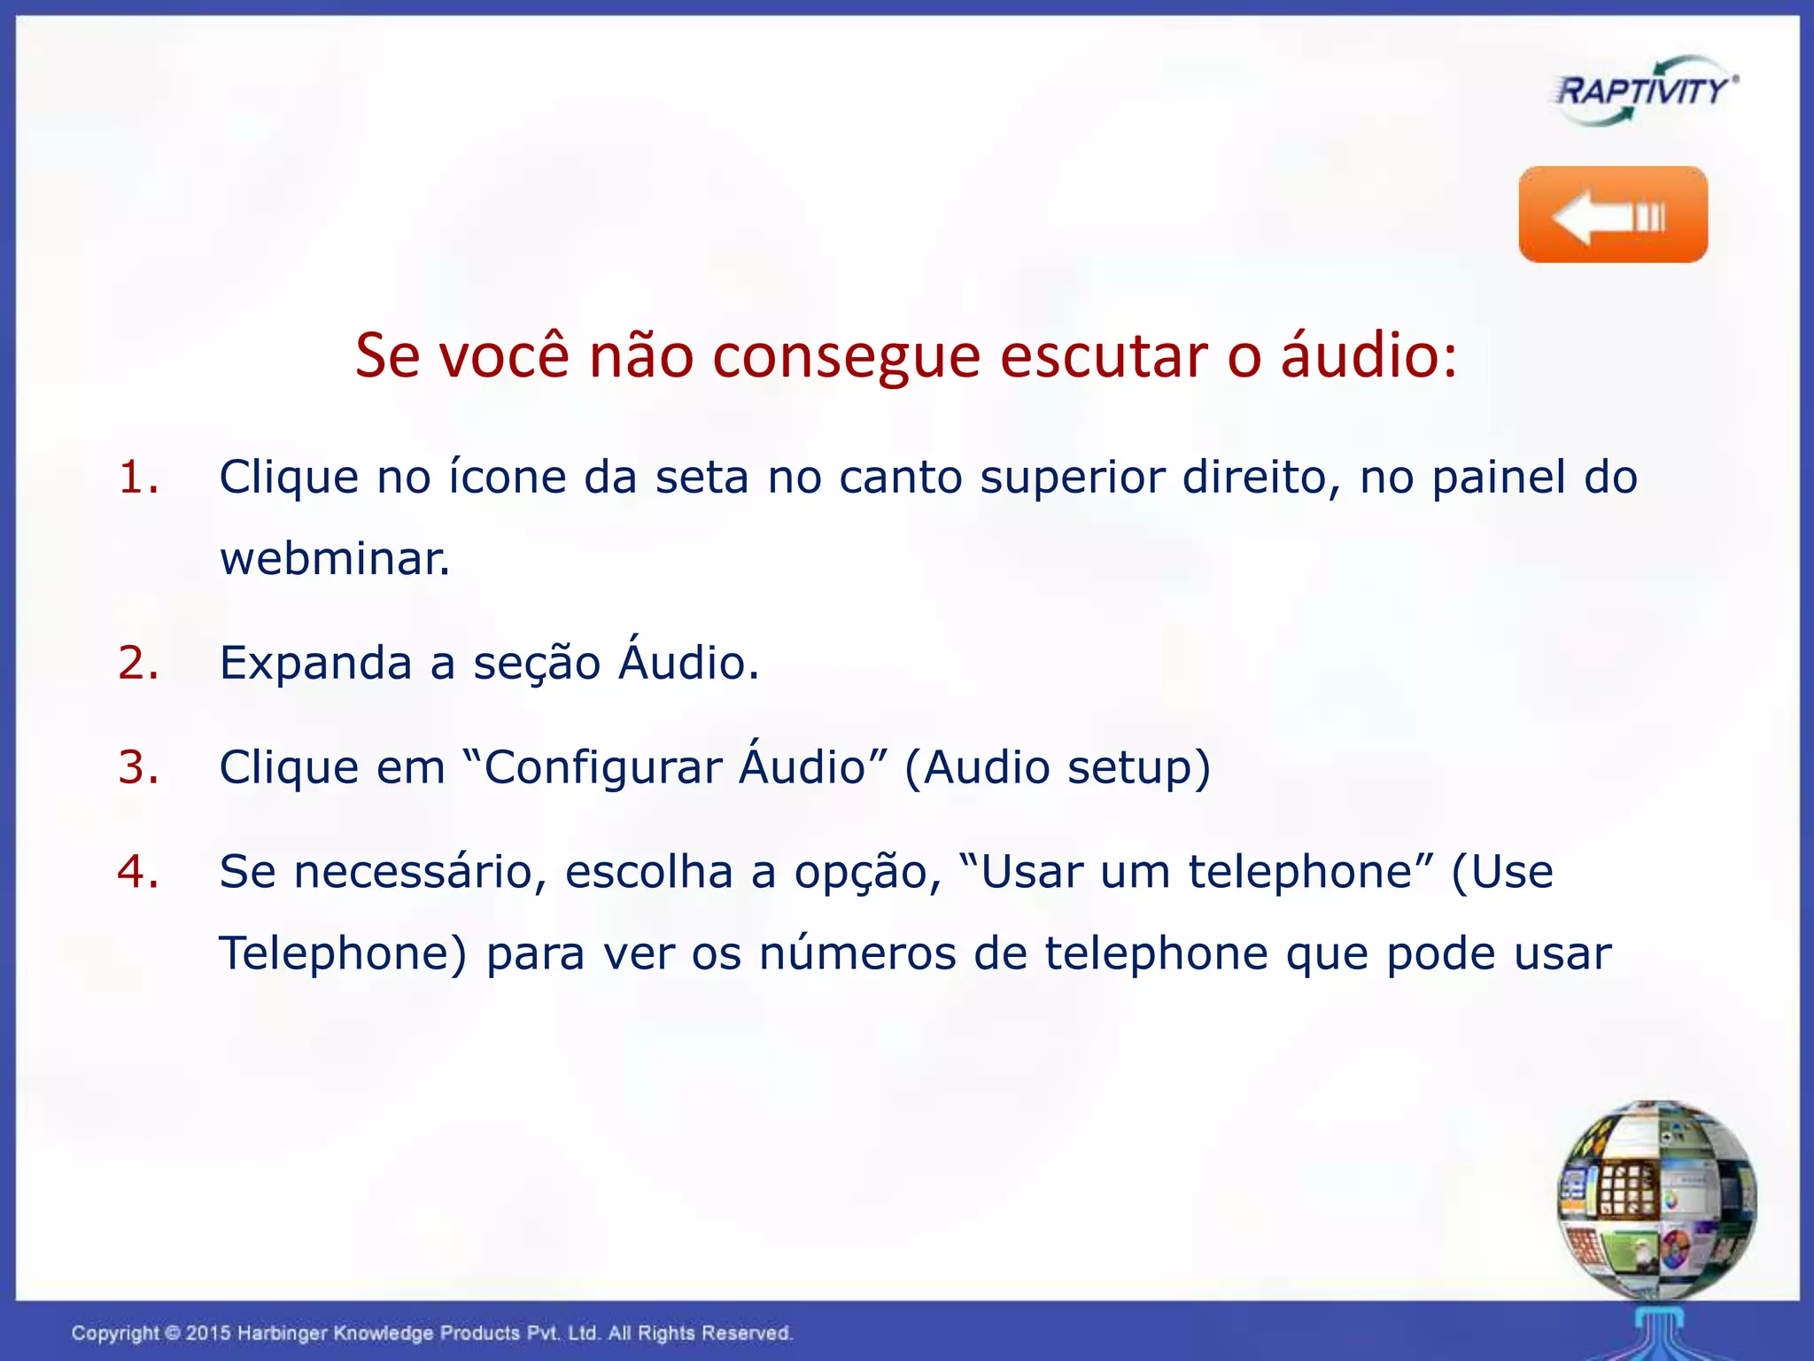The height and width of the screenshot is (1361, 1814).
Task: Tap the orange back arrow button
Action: click(x=1613, y=214)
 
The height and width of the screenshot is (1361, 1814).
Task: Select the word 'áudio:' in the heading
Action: click(x=1368, y=356)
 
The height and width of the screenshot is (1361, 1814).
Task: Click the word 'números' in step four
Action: click(x=857, y=954)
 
